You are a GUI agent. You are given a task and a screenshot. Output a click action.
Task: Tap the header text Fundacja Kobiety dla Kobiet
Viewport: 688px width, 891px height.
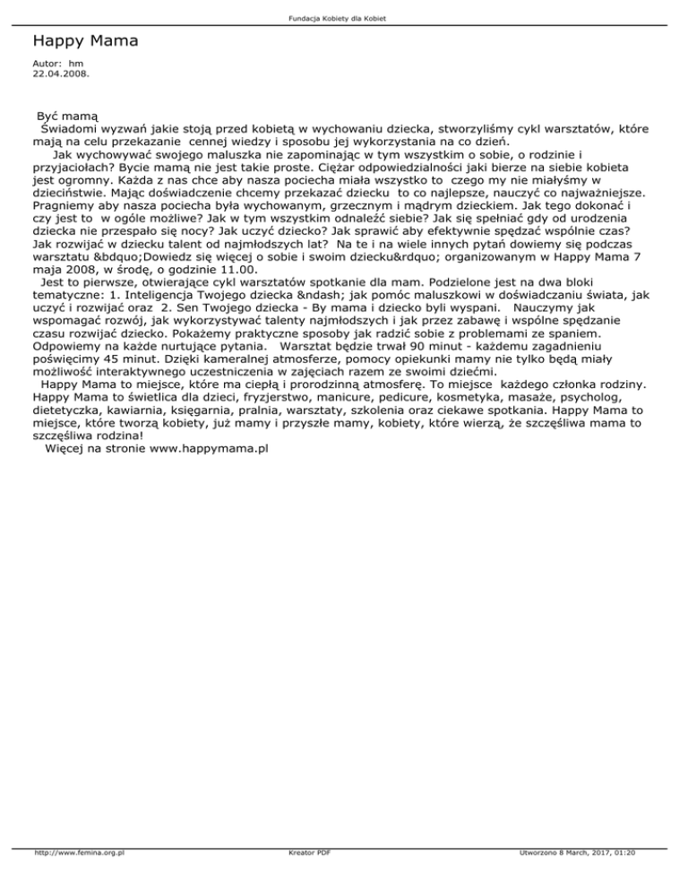pyautogui.click(x=343, y=19)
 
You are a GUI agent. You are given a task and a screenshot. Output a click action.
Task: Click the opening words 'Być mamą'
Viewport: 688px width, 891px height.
pyautogui.click(x=66, y=117)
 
